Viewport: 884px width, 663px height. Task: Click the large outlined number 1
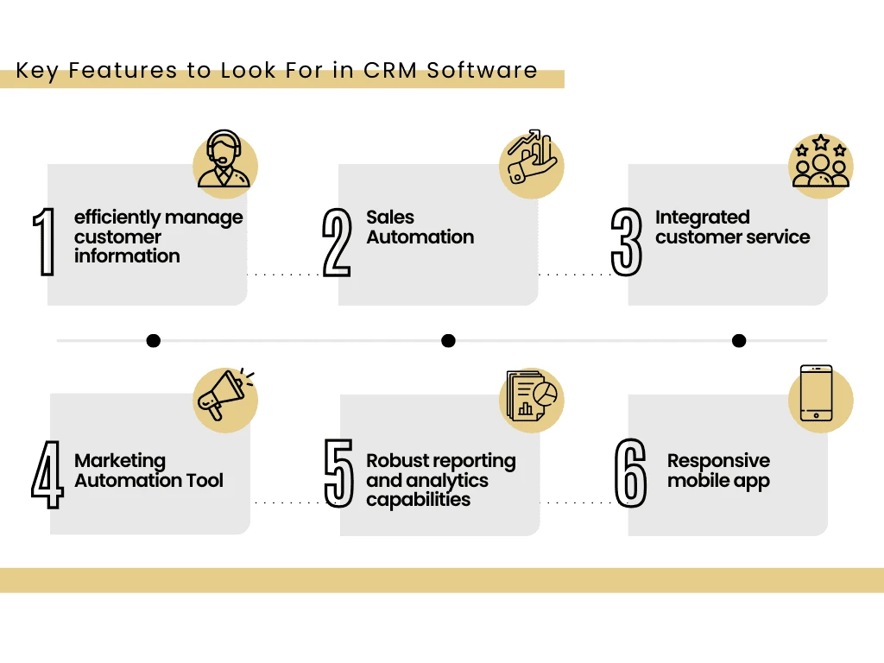tap(44, 242)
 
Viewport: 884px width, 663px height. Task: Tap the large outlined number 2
tap(337, 242)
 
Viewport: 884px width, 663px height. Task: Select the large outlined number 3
tap(627, 242)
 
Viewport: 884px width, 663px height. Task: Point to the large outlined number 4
tap(47, 474)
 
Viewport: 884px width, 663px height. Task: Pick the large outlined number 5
tap(338, 472)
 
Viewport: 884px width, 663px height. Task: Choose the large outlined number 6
tap(630, 472)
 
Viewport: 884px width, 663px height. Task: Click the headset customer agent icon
tap(224, 161)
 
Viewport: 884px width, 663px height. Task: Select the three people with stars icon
tap(821, 161)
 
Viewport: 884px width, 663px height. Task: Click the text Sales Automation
tap(420, 227)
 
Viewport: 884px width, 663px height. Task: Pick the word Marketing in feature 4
tap(120, 461)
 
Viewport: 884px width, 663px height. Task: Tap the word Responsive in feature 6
tap(718, 461)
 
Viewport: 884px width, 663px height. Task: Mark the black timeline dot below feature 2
tap(448, 341)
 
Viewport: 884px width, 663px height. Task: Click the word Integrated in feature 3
tap(702, 218)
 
